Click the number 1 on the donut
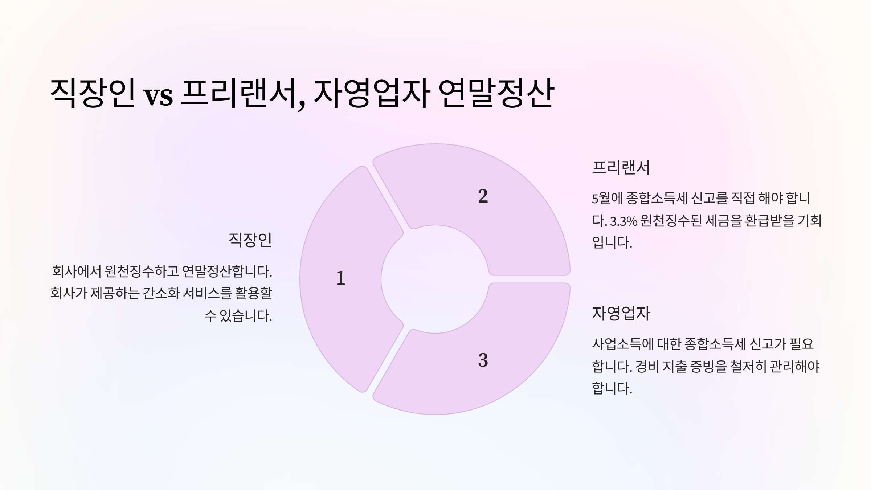click(340, 278)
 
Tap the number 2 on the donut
click(483, 196)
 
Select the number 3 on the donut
click(483, 360)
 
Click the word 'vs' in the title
click(158, 96)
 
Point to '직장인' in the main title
click(93, 93)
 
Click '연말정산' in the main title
click(496, 93)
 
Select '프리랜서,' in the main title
click(243, 94)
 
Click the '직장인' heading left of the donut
click(250, 240)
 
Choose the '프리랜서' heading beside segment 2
click(621, 168)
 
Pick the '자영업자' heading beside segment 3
click(621, 313)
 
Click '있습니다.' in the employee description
click(246, 316)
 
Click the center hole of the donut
click(435, 279)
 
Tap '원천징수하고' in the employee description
click(142, 271)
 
